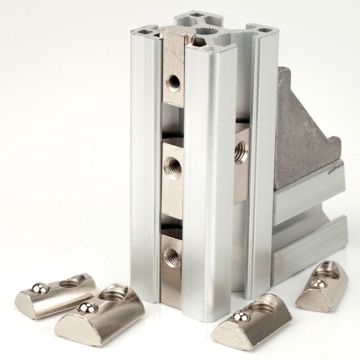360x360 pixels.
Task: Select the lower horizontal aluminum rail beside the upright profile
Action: point(310,248)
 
